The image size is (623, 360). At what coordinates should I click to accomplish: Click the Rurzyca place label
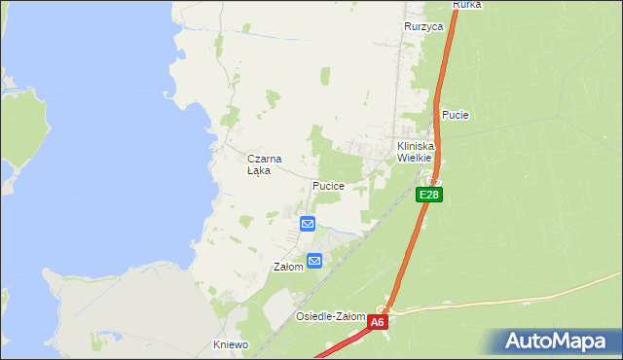tap(423, 27)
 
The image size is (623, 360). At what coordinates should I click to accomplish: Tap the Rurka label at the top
tap(467, 5)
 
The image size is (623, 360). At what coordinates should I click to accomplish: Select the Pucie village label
tap(456, 115)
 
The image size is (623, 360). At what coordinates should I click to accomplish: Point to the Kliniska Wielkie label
tap(415, 152)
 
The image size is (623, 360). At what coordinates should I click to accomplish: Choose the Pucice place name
tap(329, 185)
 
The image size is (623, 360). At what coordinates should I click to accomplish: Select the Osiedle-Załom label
tap(331, 317)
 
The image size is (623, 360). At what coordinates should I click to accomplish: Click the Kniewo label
tap(232, 344)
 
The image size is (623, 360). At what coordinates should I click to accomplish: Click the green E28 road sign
tap(430, 196)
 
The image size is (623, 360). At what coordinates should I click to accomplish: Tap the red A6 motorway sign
tap(379, 321)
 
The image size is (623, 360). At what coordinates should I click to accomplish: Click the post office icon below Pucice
tap(308, 224)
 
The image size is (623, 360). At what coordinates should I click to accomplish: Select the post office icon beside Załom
tap(314, 260)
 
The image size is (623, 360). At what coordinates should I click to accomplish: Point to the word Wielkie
tap(415, 158)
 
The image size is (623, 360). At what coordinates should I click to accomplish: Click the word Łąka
tap(259, 170)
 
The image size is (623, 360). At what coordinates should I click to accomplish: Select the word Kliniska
tap(415, 146)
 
